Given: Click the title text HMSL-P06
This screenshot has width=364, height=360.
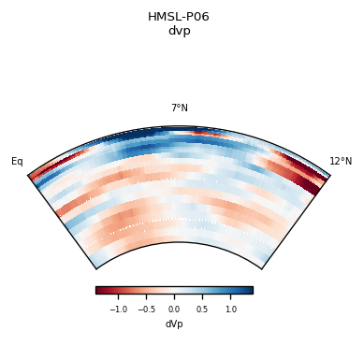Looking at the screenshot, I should (x=179, y=17).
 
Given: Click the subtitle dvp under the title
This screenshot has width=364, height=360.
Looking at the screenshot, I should (x=179, y=30).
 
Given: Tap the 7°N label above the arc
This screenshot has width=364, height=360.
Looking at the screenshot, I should (x=179, y=108).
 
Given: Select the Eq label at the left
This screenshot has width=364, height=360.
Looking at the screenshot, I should (x=17, y=162).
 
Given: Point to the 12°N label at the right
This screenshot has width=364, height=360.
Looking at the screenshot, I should (x=341, y=162).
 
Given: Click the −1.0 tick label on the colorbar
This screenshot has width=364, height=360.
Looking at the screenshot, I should (x=119, y=309).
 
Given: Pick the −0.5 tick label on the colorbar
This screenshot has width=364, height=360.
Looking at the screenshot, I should (x=147, y=309).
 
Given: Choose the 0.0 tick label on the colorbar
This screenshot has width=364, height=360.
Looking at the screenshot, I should (x=174, y=309).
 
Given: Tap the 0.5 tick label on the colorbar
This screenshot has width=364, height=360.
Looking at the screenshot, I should (x=202, y=309).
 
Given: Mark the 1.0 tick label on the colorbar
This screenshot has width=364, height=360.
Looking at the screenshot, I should (x=230, y=309).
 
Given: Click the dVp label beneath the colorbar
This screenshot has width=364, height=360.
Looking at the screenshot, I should (x=174, y=324).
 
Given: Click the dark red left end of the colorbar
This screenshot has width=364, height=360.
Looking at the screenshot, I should (x=98, y=290).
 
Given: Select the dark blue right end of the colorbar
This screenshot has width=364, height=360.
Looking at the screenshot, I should (x=249, y=290).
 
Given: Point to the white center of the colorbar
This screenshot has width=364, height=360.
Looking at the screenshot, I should (x=174, y=290).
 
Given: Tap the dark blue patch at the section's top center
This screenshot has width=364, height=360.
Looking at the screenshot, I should (x=178, y=132).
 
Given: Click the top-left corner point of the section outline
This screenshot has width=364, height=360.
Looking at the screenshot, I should (x=28, y=175).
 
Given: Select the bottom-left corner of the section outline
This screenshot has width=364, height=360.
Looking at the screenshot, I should (x=95, y=269).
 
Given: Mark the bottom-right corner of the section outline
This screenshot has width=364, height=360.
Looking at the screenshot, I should (x=262, y=269).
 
